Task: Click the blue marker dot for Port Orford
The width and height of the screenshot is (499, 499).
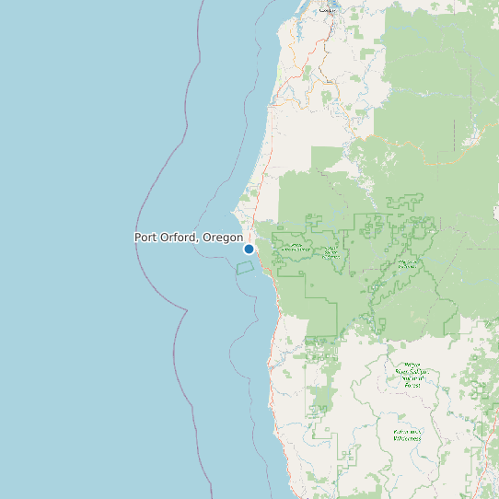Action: click(x=249, y=249)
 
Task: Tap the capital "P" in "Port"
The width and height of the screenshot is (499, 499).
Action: click(x=138, y=238)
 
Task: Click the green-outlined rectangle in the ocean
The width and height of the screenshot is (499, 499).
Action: click(x=245, y=267)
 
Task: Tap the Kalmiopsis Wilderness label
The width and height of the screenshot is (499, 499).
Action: click(x=407, y=435)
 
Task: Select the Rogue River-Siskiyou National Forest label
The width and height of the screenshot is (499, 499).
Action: click(x=408, y=376)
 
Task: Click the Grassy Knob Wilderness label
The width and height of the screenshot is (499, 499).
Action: click(x=296, y=248)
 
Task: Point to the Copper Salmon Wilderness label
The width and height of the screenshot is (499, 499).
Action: click(x=331, y=252)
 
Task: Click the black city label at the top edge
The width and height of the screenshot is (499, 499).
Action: click(x=326, y=10)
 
